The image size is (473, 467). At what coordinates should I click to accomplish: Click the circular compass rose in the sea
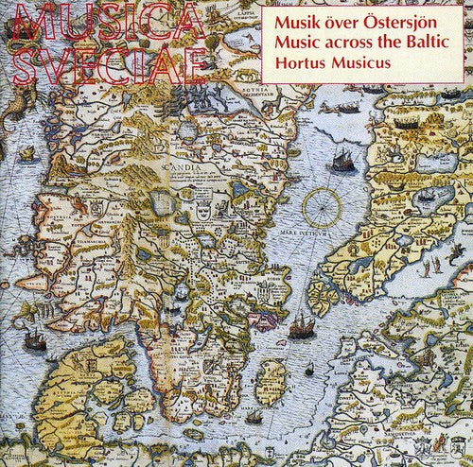coord(328,206)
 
